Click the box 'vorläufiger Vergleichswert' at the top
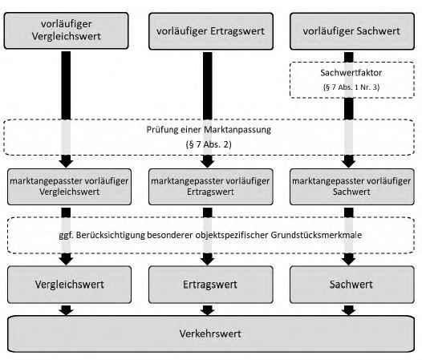click(x=67, y=30)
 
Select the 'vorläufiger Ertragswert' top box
click(x=211, y=31)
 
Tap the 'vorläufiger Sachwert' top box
click(x=352, y=31)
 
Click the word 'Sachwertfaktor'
click(x=351, y=73)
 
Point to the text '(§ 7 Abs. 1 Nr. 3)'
click(x=351, y=87)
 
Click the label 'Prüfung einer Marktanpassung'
click(x=209, y=130)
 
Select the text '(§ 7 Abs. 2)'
click(x=209, y=144)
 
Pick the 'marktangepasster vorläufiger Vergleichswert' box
click(x=70, y=187)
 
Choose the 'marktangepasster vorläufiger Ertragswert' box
click(x=211, y=187)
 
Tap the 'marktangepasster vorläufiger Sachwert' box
click(x=352, y=187)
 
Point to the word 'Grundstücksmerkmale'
click(x=316, y=235)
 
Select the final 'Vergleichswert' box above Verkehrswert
click(x=70, y=285)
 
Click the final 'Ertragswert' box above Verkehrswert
click(x=211, y=285)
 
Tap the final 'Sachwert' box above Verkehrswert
click(x=352, y=285)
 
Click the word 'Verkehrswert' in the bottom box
click(x=210, y=334)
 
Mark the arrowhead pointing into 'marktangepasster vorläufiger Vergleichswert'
click(x=67, y=162)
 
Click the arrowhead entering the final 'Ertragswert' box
click(x=208, y=259)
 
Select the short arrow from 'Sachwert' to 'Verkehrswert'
click(x=349, y=310)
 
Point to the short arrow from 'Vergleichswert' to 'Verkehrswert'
click(x=67, y=310)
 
